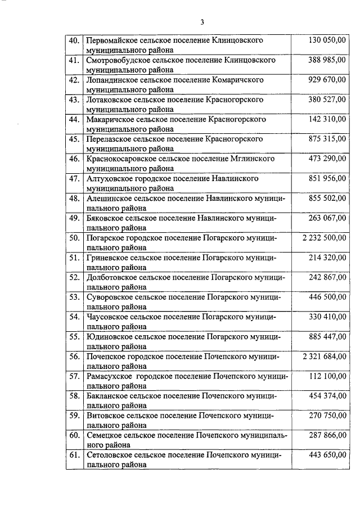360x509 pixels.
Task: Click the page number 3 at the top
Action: tap(202, 22)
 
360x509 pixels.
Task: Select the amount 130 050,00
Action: tap(328, 40)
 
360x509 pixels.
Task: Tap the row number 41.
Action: tap(74, 60)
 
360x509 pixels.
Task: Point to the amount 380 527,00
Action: tap(328, 100)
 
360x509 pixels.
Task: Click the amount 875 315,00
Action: tap(328, 139)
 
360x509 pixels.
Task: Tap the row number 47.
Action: tap(74, 178)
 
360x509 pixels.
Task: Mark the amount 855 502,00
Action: tap(328, 198)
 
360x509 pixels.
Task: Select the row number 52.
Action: tap(74, 277)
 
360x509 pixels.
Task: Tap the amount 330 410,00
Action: tap(328, 316)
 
